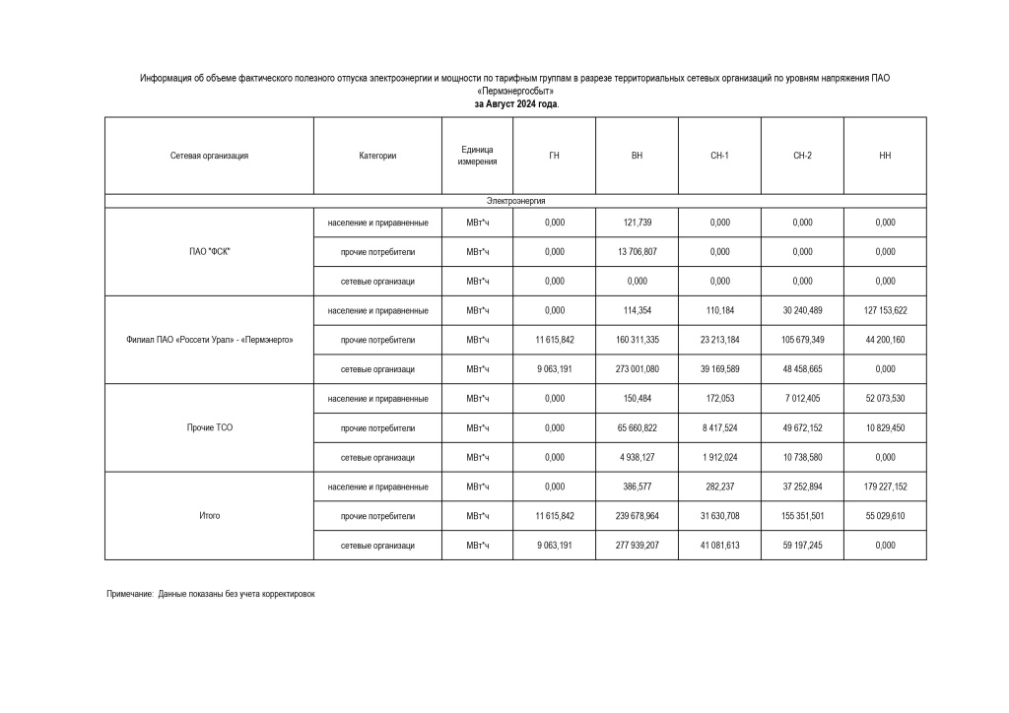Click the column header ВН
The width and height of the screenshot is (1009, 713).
637,156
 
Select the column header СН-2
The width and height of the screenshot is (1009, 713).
802,156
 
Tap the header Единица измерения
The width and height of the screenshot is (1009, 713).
478,156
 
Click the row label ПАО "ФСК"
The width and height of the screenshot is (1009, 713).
209,251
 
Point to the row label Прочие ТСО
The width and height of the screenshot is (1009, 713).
209,428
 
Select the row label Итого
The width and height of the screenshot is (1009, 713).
209,516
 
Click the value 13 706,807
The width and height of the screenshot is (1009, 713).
637,252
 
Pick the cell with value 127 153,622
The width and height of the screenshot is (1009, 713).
885,311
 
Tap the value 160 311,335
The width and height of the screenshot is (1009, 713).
637,340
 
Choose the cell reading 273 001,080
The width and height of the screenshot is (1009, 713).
637,369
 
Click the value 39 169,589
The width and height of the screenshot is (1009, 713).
719,369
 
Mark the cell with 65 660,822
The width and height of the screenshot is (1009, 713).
637,428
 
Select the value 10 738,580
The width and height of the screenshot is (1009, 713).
802,458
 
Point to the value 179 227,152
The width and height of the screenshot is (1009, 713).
885,487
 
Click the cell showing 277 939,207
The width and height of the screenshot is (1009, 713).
637,546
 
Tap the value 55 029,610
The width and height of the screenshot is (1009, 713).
885,516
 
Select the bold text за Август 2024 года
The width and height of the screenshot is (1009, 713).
515,103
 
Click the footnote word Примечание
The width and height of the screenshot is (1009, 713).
130,594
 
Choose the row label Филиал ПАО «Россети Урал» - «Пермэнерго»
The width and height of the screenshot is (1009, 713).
209,340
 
